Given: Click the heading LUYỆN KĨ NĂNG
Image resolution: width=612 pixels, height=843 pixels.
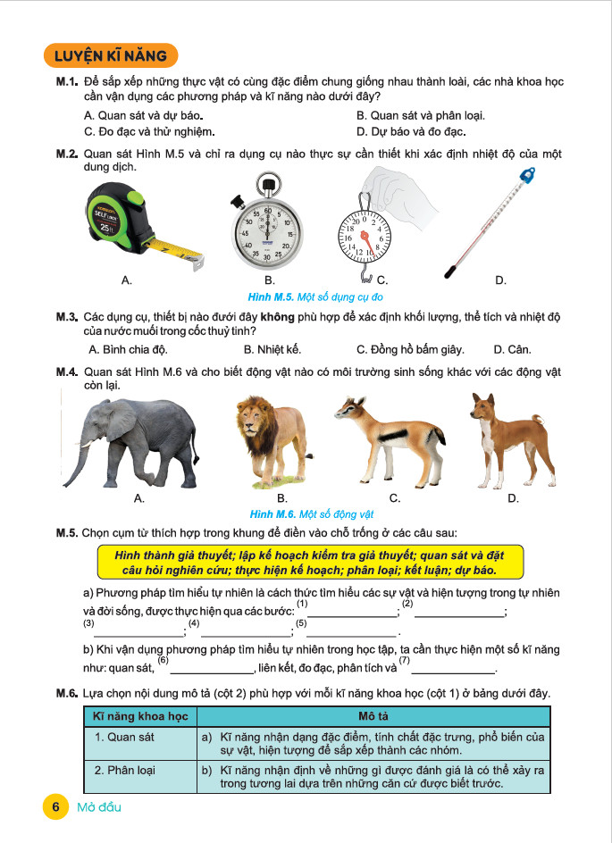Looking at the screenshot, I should pyautogui.click(x=110, y=56).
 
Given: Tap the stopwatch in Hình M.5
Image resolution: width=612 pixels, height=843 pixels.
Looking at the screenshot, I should pyautogui.click(x=265, y=227).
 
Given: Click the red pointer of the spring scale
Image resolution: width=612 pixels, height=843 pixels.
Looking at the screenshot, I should pyautogui.click(x=366, y=238).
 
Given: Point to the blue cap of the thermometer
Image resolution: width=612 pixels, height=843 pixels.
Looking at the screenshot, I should pyautogui.click(x=528, y=175).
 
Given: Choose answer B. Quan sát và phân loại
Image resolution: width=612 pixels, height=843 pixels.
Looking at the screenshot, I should pyautogui.click(x=420, y=116).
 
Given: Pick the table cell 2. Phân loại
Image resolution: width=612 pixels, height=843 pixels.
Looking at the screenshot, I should pyautogui.click(x=126, y=769).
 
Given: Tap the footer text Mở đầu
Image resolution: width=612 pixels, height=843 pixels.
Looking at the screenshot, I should pyautogui.click(x=99, y=806).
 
